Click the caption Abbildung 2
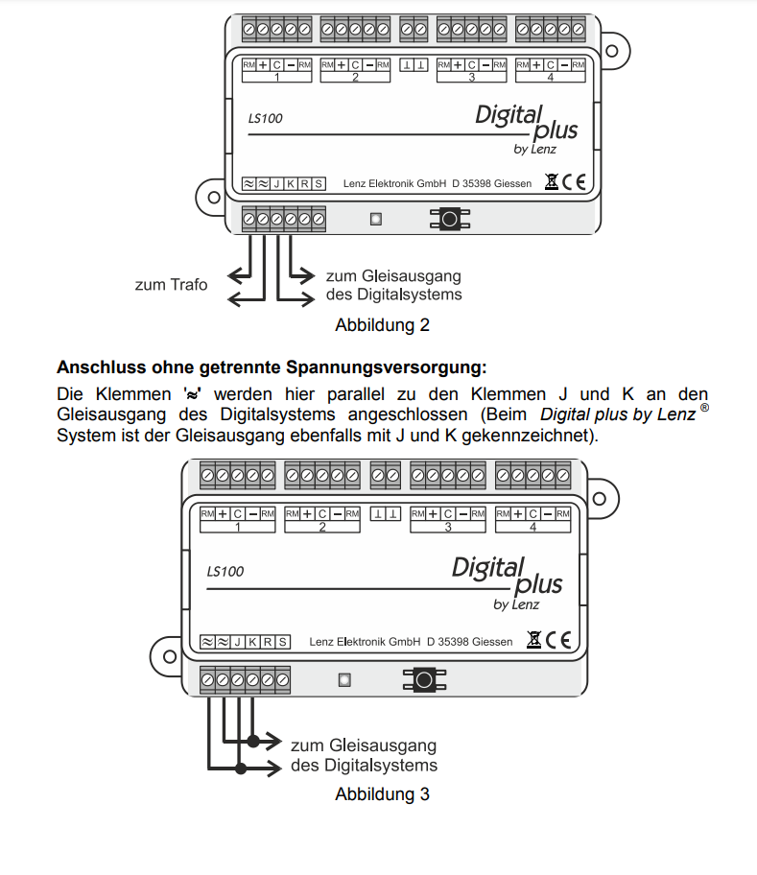(382, 325)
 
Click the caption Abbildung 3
(382, 794)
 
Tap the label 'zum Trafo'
(171, 285)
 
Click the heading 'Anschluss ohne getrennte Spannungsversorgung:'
(272, 367)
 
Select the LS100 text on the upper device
(265, 119)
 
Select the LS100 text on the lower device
(225, 571)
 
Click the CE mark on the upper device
(574, 182)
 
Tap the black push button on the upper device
(448, 219)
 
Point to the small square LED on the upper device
(376, 219)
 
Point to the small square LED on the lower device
(344, 680)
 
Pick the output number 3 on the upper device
(472, 77)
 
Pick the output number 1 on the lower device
(237, 527)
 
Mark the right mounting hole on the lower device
(598, 499)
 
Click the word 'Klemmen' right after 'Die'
(133, 394)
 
